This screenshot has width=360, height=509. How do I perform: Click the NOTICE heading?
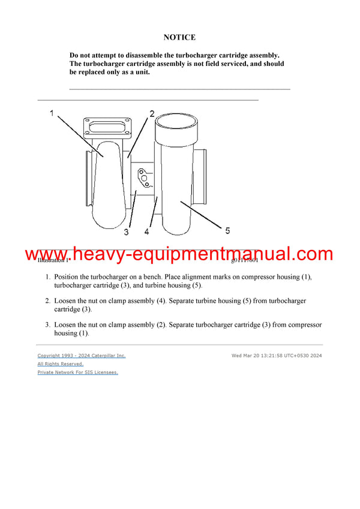pyautogui.click(x=179, y=37)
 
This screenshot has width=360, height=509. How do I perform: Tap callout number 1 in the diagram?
pyautogui.click(x=52, y=113)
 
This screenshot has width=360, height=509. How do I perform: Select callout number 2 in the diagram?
pyautogui.click(x=152, y=113)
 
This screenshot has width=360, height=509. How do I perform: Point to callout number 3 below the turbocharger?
pyautogui.click(x=127, y=232)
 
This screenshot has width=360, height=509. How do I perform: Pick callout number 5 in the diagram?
pyautogui.click(x=227, y=230)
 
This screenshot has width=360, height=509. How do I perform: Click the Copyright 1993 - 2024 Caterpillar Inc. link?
pyautogui.click(x=82, y=356)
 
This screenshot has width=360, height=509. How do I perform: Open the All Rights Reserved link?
pyautogui.click(x=61, y=364)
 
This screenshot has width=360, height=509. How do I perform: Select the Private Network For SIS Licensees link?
pyautogui.click(x=78, y=372)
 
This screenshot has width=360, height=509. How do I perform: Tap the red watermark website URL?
pyautogui.click(x=179, y=254)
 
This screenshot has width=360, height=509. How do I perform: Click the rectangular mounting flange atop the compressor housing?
pyautogui.click(x=108, y=127)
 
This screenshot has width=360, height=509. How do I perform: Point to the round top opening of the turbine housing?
pyautogui.click(x=176, y=124)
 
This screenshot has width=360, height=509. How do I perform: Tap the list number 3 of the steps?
pyautogui.click(x=47, y=325)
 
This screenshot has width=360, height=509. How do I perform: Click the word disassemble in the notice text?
pyautogui.click(x=146, y=55)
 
